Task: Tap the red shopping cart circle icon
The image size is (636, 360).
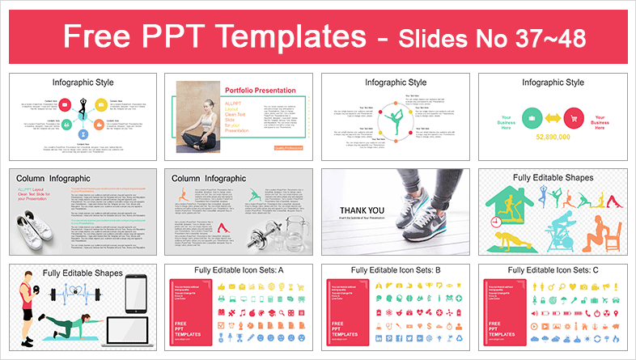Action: (x=575, y=116)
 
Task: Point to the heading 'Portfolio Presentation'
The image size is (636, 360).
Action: (x=274, y=91)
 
